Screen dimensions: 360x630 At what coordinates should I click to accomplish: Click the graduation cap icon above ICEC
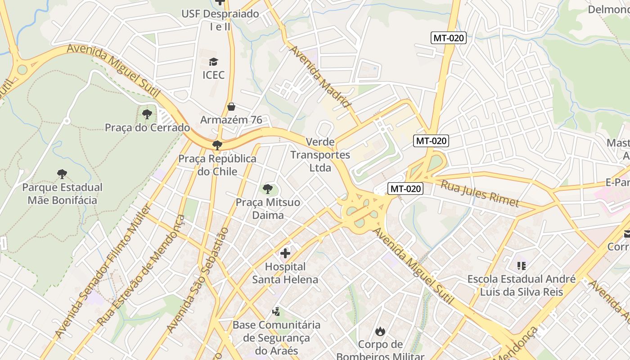click(x=213, y=62)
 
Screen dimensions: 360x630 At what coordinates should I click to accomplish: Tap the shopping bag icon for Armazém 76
click(x=231, y=107)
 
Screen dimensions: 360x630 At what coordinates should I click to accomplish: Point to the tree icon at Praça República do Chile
click(x=217, y=145)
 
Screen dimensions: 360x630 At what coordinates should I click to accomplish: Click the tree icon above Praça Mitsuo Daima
click(x=268, y=189)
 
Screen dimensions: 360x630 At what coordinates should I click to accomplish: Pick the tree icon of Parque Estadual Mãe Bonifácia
click(x=62, y=174)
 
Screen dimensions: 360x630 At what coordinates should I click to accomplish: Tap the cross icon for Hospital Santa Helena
click(x=285, y=254)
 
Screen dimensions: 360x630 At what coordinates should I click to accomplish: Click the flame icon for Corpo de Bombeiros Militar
click(x=380, y=332)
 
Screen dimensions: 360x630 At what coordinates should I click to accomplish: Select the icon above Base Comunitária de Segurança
click(x=276, y=311)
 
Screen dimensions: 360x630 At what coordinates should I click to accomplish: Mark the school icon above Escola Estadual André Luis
click(x=522, y=266)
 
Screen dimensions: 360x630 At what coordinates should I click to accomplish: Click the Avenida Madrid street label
click(x=320, y=76)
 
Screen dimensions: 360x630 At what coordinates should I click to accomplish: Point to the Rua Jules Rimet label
click(x=480, y=193)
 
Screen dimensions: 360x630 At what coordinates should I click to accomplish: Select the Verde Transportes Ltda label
click(x=320, y=155)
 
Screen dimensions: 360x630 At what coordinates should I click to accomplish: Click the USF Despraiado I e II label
click(x=220, y=20)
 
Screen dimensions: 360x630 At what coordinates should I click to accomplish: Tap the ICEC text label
click(x=213, y=75)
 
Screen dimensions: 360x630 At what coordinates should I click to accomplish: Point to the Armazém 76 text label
click(x=231, y=120)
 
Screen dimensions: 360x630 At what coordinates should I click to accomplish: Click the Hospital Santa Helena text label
click(x=285, y=273)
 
